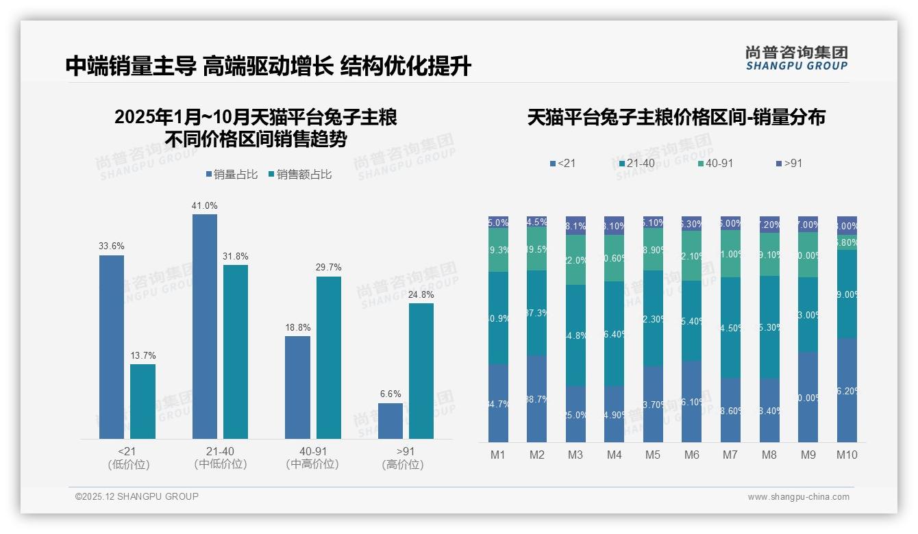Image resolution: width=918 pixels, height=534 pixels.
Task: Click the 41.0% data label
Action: click(205, 205)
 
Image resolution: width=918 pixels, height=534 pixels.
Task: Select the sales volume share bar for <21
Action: click(112, 346)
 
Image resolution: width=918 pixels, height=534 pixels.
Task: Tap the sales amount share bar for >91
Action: click(421, 370)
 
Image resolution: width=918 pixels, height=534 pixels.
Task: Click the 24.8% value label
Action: click(421, 294)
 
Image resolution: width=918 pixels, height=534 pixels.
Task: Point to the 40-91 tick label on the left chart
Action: click(312, 451)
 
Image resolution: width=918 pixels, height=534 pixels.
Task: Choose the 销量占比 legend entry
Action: click(232, 175)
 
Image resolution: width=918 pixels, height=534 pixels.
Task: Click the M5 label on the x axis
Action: click(653, 455)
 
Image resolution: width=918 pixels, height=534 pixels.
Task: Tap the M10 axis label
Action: click(847, 455)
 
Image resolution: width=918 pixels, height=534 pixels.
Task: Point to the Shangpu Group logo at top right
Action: click(796, 58)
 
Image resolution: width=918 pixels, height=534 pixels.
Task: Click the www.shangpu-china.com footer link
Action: click(798, 497)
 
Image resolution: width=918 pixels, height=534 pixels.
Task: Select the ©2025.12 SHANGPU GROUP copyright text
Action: click(137, 496)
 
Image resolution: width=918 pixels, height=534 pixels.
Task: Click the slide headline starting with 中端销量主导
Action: click(268, 66)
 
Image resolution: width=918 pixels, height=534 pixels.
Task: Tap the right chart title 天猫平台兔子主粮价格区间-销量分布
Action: click(676, 117)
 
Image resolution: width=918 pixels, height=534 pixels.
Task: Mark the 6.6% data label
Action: click(390, 394)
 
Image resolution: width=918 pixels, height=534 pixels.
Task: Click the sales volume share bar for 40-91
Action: click(297, 387)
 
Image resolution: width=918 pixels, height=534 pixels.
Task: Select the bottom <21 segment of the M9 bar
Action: click(808, 397)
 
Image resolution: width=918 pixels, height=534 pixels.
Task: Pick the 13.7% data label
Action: click(143, 355)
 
